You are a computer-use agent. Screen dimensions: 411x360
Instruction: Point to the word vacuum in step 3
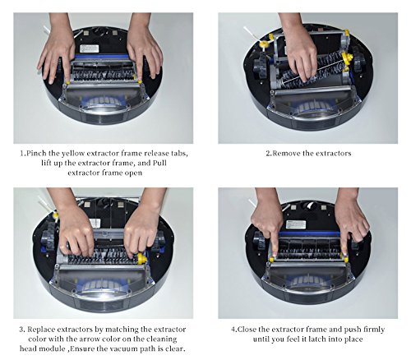click(123, 349)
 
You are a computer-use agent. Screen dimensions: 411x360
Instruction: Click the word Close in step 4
click(247, 329)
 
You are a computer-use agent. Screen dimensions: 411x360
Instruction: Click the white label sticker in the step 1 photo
click(89, 49)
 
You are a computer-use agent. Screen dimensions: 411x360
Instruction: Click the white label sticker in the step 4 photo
click(296, 224)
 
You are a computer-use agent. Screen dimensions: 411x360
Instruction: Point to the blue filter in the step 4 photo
click(309, 282)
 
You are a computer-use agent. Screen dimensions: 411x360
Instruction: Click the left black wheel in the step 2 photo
click(260, 65)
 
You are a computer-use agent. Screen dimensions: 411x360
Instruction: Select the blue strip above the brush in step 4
click(310, 234)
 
